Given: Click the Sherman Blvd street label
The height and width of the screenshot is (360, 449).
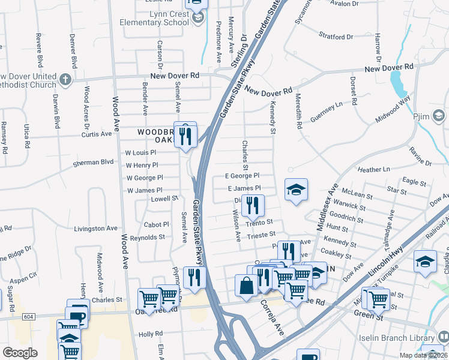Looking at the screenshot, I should [x=93, y=162].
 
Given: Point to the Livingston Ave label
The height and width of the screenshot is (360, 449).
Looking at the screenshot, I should [x=95, y=228].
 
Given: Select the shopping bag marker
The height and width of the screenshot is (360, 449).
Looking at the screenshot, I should [x=247, y=285].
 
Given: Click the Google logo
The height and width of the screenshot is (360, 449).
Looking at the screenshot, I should [x=20, y=352].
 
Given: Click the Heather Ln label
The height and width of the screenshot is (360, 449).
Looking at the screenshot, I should [x=369, y=170].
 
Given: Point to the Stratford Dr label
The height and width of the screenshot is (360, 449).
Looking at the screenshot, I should [x=334, y=35].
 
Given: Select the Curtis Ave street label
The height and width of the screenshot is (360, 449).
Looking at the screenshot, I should [x=97, y=134].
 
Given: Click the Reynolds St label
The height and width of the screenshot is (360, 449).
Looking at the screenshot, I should [x=148, y=238].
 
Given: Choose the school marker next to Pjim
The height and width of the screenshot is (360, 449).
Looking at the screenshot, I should [x=438, y=114].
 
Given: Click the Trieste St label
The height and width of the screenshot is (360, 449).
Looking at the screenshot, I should [x=260, y=235].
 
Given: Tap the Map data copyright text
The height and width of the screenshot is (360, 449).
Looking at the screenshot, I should [x=423, y=355].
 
